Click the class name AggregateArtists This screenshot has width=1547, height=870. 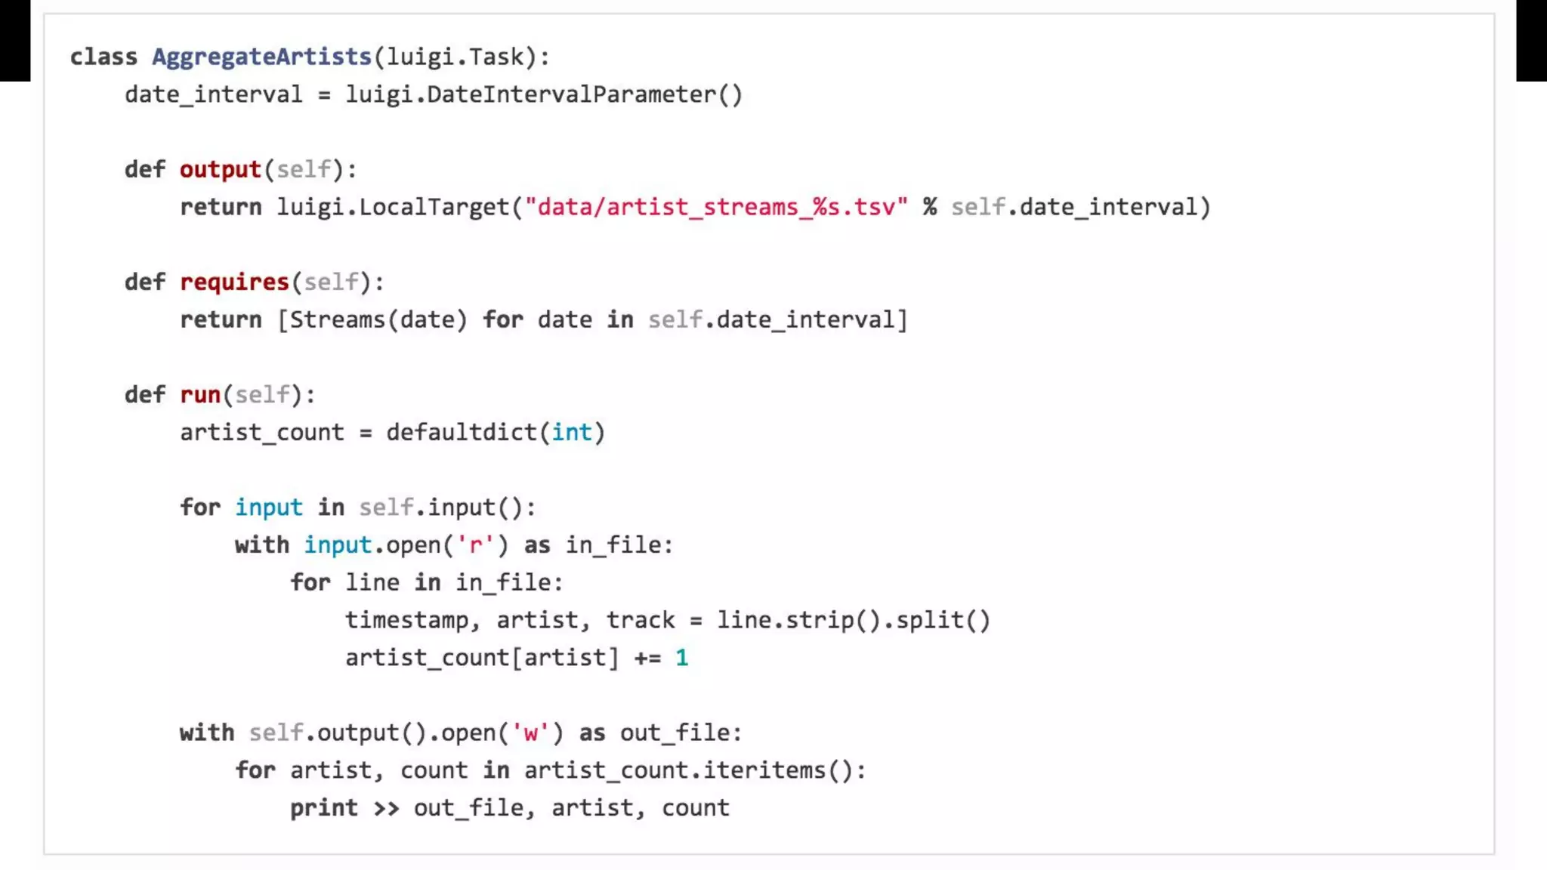click(x=261, y=57)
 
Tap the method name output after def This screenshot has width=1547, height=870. click(x=220, y=169)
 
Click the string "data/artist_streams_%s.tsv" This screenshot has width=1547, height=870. click(x=716, y=207)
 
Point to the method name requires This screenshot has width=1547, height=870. click(x=234, y=282)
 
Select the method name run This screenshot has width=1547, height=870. click(x=199, y=395)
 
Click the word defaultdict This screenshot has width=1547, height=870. click(x=461, y=433)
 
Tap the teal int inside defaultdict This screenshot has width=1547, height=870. click(x=571, y=433)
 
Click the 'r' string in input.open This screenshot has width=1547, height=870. click(x=475, y=545)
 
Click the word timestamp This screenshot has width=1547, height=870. click(x=406, y=621)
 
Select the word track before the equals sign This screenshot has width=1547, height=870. click(x=641, y=621)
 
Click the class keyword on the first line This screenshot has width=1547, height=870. click(x=103, y=57)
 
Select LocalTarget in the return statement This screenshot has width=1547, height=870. click(x=434, y=207)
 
